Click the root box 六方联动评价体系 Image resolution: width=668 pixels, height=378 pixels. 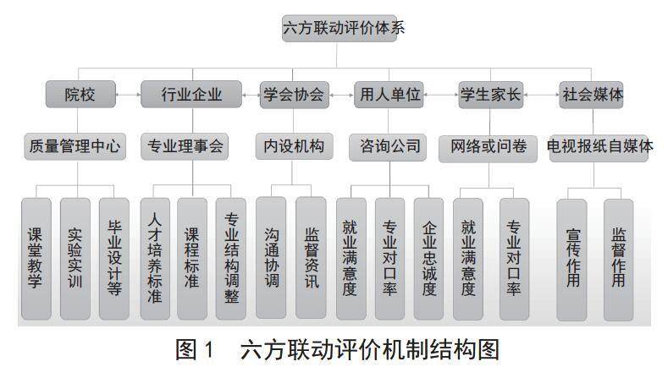[x=344, y=28]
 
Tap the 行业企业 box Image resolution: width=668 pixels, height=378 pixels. [x=192, y=95]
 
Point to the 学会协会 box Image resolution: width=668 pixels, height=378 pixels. [x=293, y=95]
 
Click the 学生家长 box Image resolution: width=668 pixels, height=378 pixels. [x=489, y=95]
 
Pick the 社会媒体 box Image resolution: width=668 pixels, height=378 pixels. [x=593, y=95]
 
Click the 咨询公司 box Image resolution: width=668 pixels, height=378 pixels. [x=385, y=146]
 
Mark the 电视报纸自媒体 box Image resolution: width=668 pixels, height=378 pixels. [x=600, y=146]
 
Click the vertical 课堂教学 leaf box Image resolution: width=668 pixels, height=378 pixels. [x=36, y=258]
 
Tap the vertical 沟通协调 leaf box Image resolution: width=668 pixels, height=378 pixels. [x=271, y=258]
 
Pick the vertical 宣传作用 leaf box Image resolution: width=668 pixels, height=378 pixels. [x=572, y=258]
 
